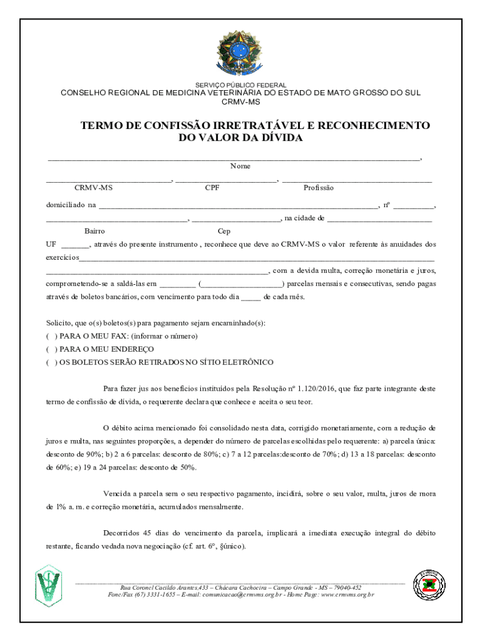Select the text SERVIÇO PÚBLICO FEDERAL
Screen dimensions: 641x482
[241, 85]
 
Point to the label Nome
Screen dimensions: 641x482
[240, 166]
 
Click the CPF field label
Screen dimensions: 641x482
[212, 188]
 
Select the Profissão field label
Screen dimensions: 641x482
[319, 188]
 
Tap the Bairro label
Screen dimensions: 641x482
[95, 231]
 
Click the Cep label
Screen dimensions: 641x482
[224, 231]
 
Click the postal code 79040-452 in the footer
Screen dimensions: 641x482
[344, 587]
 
